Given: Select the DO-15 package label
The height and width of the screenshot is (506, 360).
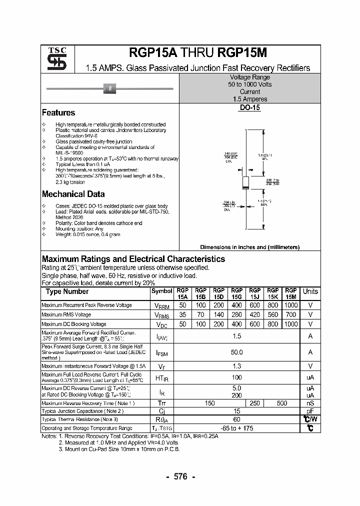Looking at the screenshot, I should tap(249, 108).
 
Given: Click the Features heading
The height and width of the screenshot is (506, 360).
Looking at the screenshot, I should tap(58, 113).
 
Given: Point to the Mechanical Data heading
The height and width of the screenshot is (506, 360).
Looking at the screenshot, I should tap(73, 194).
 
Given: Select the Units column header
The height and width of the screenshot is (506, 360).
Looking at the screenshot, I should tap(310, 291).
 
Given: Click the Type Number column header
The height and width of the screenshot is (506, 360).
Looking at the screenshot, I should tap(67, 291).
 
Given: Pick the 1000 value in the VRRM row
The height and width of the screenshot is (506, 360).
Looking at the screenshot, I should tap(290, 305).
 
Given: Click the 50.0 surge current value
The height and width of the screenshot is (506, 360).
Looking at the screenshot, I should tap(236, 352).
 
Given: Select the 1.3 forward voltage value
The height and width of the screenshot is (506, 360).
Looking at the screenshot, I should tap(236, 366).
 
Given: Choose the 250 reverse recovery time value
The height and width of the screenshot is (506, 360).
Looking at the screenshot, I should tap(254, 403).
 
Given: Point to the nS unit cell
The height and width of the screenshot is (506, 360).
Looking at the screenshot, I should tap(310, 403).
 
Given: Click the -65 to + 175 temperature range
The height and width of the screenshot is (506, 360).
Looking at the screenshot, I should tap(236, 428).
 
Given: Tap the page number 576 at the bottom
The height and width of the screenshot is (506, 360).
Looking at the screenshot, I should tap(180, 477).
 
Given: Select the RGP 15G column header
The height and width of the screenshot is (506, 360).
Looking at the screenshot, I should tap(236, 293).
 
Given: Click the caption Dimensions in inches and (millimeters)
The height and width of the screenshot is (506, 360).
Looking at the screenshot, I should tap(249, 247).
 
